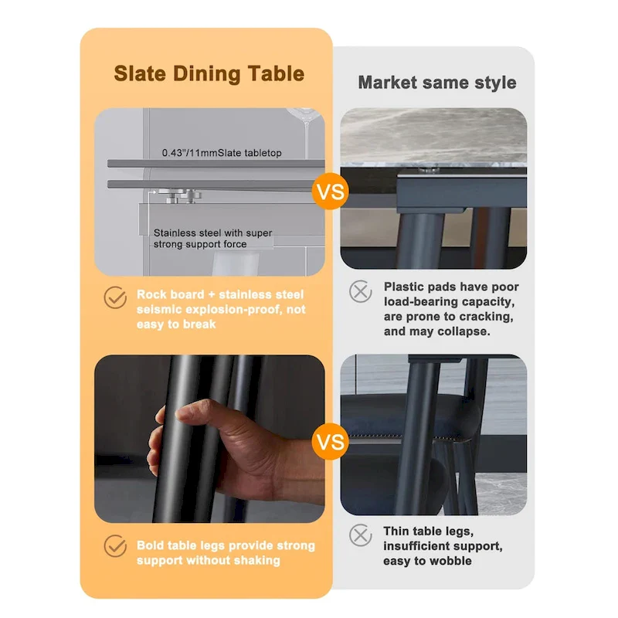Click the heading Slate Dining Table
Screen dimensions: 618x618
(x=209, y=74)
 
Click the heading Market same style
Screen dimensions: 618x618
(x=436, y=82)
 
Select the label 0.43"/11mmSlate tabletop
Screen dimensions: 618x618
(x=222, y=153)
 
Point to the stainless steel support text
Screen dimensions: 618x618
(x=212, y=238)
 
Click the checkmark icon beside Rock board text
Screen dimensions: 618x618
(x=115, y=297)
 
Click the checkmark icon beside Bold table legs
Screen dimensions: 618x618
(x=115, y=547)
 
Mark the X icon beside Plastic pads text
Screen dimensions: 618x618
(x=361, y=291)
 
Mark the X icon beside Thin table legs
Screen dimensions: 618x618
(x=361, y=535)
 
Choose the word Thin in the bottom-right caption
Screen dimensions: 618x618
(x=398, y=531)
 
